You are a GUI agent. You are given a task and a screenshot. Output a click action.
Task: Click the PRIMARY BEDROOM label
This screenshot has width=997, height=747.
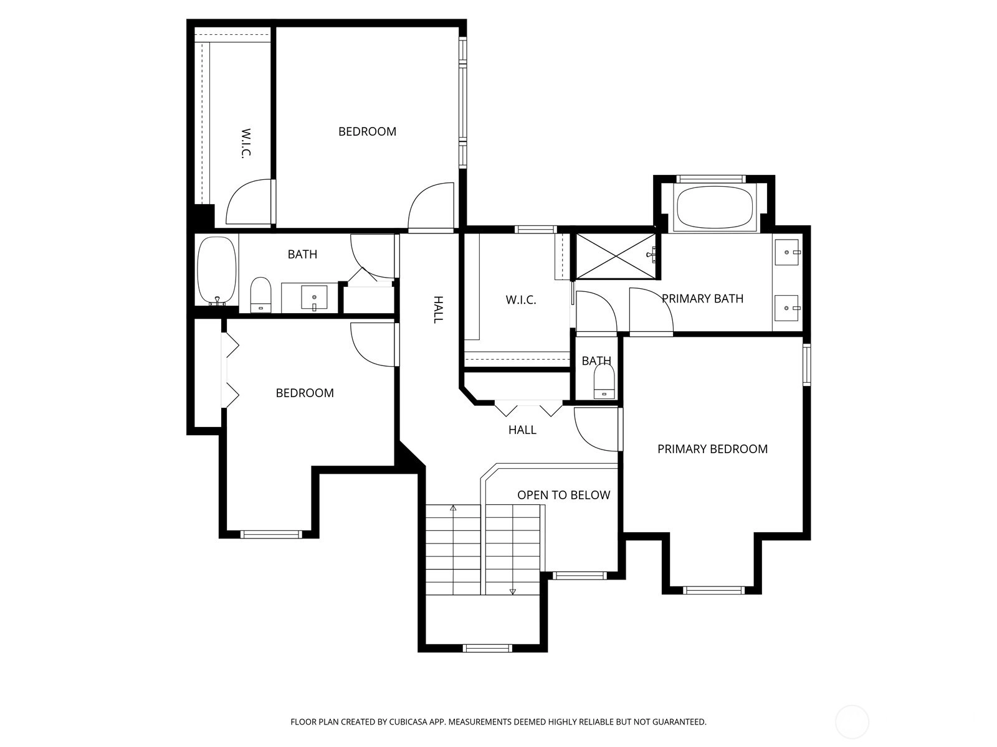[712, 449]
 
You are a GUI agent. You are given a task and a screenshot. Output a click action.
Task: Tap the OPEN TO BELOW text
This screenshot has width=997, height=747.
[564, 495]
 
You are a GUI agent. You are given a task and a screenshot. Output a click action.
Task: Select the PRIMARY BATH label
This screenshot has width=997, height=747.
[702, 298]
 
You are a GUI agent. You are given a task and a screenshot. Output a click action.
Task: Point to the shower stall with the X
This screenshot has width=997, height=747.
[616, 256]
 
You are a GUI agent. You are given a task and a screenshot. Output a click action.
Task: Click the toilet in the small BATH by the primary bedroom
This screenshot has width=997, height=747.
[604, 382]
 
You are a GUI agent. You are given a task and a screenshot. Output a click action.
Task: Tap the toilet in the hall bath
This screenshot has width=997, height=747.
[260, 295]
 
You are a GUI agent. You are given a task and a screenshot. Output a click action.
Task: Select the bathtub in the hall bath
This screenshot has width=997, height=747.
[217, 270]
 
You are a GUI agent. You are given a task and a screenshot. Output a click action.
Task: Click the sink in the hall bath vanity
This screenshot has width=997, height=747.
[314, 298]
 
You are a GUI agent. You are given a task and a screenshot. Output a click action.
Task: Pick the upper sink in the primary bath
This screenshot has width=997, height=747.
[787, 252]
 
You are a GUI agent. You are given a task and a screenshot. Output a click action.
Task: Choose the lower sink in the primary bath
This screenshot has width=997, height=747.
[787, 308]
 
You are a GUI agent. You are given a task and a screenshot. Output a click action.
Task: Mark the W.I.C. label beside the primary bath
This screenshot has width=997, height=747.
[521, 300]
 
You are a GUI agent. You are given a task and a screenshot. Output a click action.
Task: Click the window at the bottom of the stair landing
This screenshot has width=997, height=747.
[487, 648]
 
